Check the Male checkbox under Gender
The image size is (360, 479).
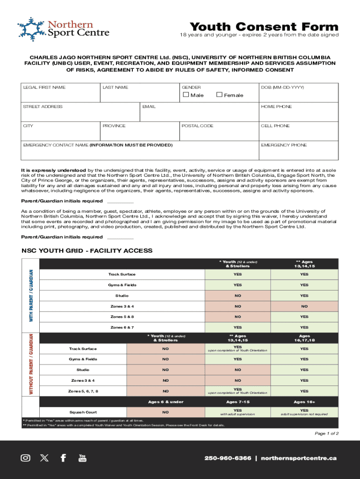(186, 95)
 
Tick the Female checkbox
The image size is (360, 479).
(219, 95)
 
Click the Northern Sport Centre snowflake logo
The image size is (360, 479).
(31, 29)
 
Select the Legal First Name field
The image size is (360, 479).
(61, 95)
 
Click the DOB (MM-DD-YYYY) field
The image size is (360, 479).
(298, 95)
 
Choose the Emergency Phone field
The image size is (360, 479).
(298, 152)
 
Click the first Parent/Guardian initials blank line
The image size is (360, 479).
(120, 201)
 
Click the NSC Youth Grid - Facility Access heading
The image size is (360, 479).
(87, 251)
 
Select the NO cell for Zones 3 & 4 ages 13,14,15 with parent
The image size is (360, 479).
(304, 306)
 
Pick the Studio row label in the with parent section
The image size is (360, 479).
(122, 296)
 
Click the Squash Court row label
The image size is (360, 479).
(83, 412)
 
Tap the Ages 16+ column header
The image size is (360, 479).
(304, 402)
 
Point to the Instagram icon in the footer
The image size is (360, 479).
(26, 458)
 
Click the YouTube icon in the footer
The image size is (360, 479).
(82, 458)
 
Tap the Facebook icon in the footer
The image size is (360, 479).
(63, 458)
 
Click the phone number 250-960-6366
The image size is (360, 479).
(228, 458)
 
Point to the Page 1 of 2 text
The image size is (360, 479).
(326, 434)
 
